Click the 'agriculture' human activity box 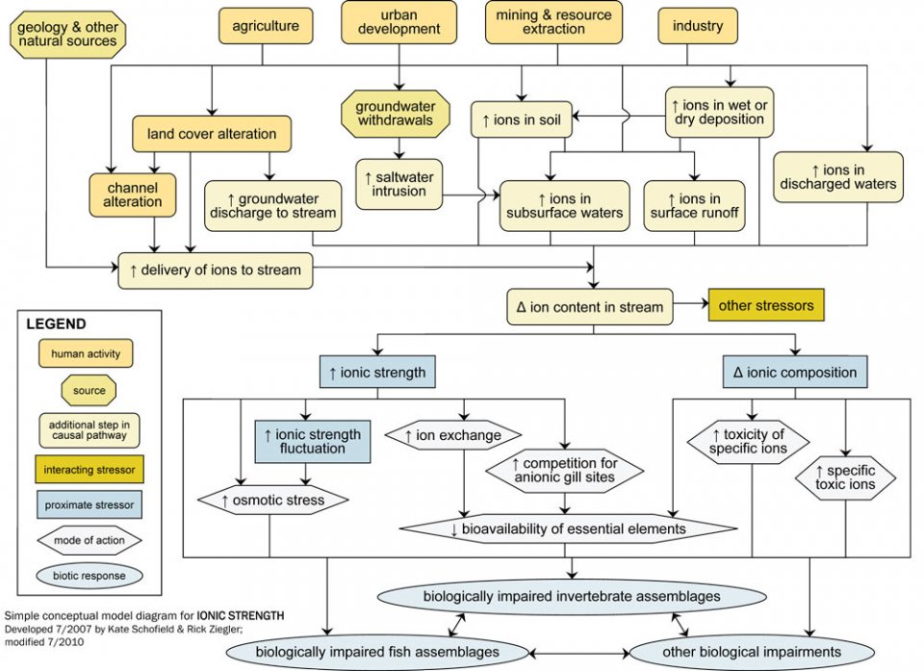266,26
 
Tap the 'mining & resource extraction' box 553,21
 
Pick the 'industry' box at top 698,26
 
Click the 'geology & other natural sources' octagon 67,34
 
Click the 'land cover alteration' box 212,134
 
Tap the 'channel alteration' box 133,194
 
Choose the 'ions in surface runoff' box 694,205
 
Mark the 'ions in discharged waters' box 838,176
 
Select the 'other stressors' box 766,306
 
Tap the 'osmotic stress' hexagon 273,500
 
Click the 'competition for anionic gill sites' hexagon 550,471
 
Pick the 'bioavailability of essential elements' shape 568,529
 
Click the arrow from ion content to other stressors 690,307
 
